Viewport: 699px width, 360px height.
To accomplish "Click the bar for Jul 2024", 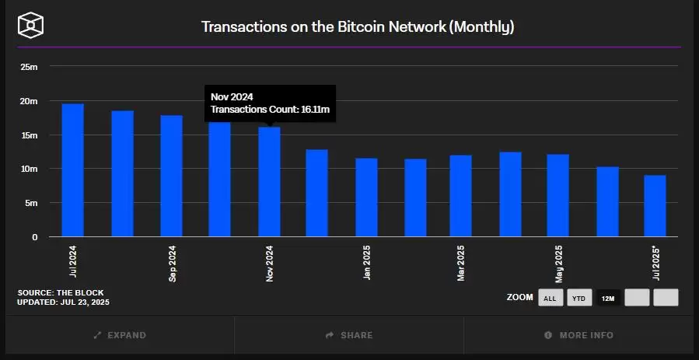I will coord(72,170).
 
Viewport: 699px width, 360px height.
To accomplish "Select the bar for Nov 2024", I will coord(269,182).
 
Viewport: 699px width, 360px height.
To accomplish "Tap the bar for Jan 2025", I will coord(366,197).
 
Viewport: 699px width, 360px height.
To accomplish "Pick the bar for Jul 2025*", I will coord(655,206).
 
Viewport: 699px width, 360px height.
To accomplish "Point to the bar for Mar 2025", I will coord(460,196).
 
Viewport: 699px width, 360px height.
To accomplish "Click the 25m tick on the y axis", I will coord(29,67).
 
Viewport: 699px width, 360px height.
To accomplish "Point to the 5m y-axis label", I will coord(32,203).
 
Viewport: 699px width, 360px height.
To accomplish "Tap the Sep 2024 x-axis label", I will coord(172,264).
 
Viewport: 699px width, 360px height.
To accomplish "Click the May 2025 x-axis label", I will coord(558,264).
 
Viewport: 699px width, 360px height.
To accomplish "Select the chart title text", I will coord(358,26).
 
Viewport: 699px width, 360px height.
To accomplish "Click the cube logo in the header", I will coord(30,25).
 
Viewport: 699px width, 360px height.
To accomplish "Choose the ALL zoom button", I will coord(550,298).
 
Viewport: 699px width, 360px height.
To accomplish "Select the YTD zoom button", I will coord(578,298).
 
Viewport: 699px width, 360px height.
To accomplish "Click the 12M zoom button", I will coord(608,298).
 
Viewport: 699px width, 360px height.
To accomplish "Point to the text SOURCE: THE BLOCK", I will coord(60,292).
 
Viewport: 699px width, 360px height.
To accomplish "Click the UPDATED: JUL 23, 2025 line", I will coord(63,302).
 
